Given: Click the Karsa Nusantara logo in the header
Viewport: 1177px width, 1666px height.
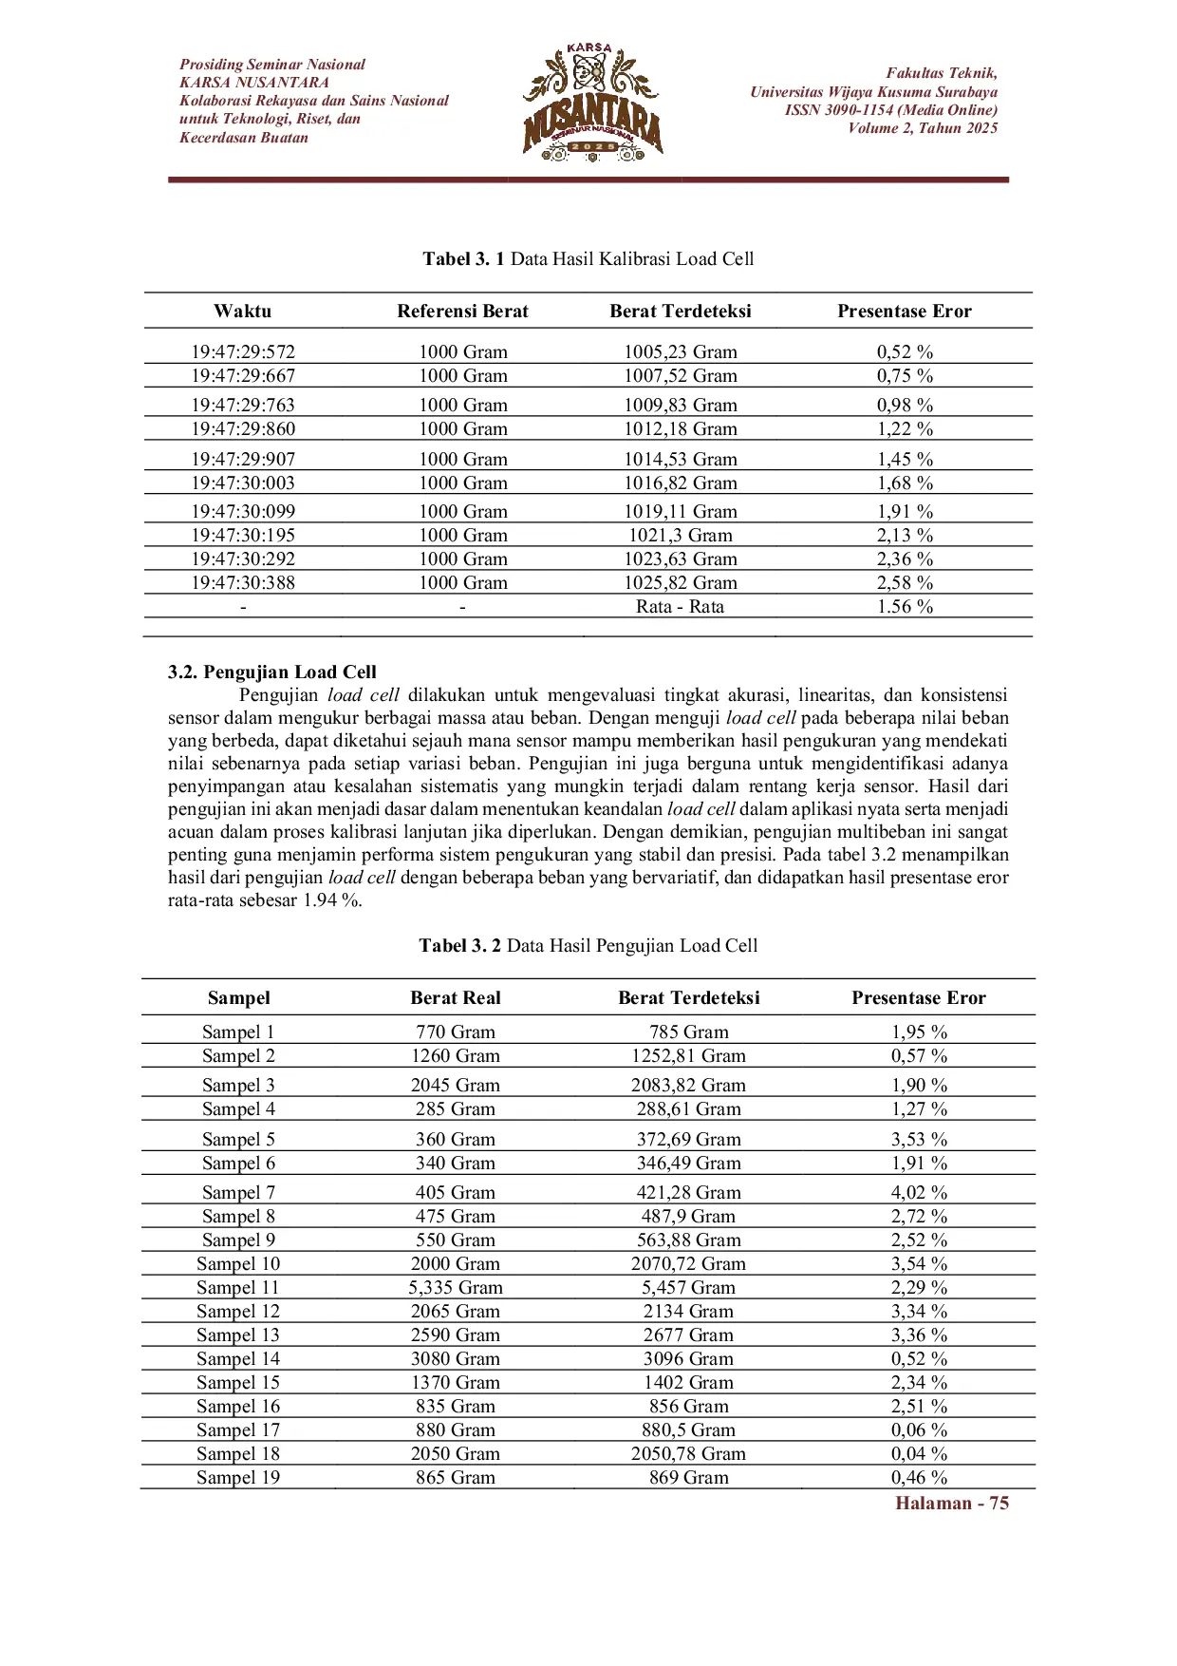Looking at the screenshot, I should (591, 102).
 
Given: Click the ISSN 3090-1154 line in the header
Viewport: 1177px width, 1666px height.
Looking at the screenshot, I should (890, 110).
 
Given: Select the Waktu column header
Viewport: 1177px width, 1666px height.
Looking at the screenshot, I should (242, 312).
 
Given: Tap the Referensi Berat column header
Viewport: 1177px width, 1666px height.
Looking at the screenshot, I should (462, 312).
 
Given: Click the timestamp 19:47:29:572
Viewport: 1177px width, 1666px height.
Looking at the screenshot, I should (243, 352).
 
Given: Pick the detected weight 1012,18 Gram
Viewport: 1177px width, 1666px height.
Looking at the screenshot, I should (680, 429).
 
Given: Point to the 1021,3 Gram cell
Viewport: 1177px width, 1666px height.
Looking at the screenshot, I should (680, 536).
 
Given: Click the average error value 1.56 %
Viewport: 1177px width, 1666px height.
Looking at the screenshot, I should (905, 607).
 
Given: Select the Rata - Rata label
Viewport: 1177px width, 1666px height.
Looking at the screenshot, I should (680, 607).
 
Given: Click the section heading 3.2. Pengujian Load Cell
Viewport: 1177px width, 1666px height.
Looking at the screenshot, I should (272, 672).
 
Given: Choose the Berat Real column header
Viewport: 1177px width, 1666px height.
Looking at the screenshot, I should (455, 998).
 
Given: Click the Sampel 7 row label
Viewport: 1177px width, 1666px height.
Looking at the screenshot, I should (238, 1193).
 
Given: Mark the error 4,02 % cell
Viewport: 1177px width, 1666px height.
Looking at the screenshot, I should (919, 1193).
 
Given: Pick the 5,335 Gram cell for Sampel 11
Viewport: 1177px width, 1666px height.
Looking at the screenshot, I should (456, 1288).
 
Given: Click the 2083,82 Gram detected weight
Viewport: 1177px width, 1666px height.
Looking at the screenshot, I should (688, 1086).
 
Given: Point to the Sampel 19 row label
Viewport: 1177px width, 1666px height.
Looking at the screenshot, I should (238, 1478).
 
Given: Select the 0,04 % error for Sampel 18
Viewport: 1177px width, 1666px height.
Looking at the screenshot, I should (919, 1454).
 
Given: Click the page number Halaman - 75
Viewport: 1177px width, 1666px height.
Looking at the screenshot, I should (951, 1504).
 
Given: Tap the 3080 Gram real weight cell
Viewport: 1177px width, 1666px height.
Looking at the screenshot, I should (456, 1359).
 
